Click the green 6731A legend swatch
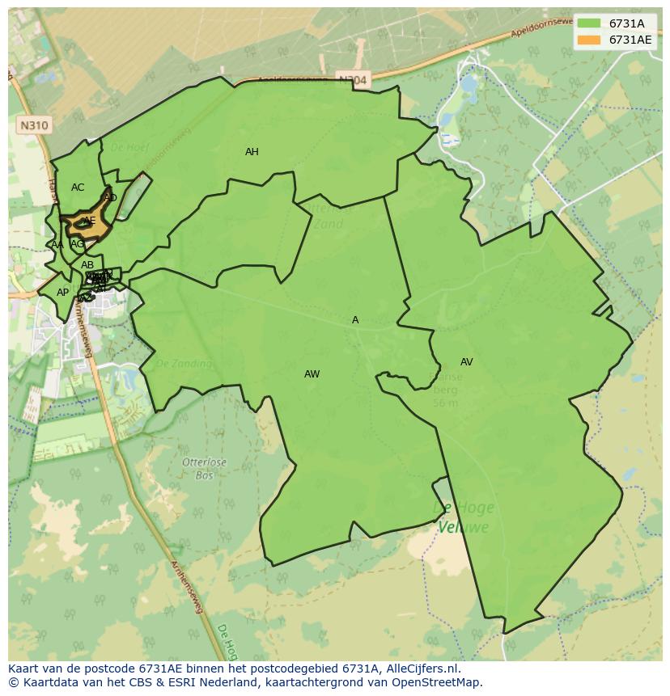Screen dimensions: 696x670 click(589, 23)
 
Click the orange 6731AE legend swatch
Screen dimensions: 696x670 click(589, 40)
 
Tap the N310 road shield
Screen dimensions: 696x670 click(32, 125)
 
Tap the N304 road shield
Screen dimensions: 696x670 click(352, 80)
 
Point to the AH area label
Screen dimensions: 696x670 click(252, 152)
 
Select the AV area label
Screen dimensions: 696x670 click(466, 362)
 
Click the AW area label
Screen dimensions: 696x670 click(312, 374)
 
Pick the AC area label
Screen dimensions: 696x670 click(78, 188)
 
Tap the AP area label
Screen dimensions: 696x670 click(62, 293)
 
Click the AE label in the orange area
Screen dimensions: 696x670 click(89, 221)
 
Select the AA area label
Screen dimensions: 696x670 click(57, 245)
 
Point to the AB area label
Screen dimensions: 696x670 click(87, 265)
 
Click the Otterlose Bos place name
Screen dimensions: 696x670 click(204, 469)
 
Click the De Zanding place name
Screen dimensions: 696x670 click(183, 364)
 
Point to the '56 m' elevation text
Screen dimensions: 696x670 click(445, 403)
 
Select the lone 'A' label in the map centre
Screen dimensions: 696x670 click(355, 320)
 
